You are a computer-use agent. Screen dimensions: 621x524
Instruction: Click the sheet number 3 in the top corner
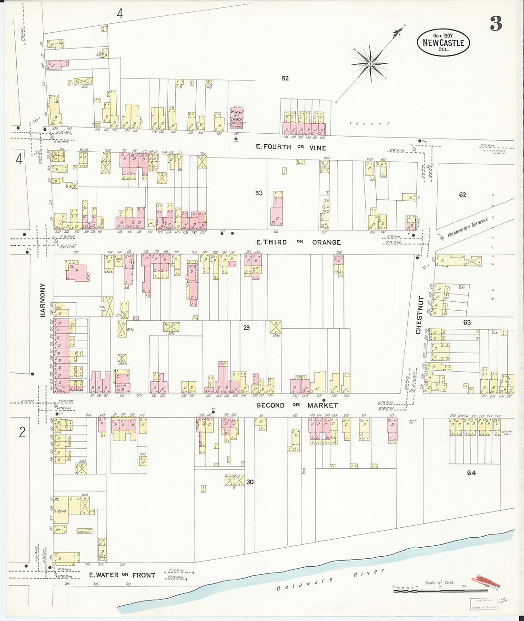[x=496, y=23]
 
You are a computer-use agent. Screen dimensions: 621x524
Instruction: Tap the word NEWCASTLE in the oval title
[x=443, y=43]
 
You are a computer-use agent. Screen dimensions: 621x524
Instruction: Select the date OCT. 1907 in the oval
[x=443, y=35]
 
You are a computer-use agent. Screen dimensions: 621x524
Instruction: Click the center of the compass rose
[x=370, y=63]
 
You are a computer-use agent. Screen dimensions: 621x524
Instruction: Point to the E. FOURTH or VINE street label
[x=291, y=147]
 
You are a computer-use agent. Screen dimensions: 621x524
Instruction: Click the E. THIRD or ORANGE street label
[x=298, y=242]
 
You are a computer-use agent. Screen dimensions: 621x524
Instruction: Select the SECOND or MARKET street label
[x=297, y=405]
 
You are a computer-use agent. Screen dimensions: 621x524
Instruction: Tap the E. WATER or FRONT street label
[x=122, y=575]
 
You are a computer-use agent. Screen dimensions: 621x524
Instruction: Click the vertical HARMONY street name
[x=42, y=300]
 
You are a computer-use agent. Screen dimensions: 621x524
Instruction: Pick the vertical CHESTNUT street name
[x=419, y=315]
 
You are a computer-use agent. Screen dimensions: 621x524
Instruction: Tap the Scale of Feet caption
[x=439, y=582]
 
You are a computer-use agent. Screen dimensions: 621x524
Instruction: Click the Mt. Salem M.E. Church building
[x=237, y=117]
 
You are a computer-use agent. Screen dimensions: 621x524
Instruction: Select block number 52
[x=285, y=78]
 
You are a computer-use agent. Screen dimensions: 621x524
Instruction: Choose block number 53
[x=259, y=193]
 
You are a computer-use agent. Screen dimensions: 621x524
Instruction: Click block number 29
[x=246, y=327]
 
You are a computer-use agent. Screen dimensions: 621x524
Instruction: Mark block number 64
[x=471, y=473]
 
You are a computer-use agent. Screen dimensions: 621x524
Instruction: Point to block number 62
[x=462, y=195]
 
